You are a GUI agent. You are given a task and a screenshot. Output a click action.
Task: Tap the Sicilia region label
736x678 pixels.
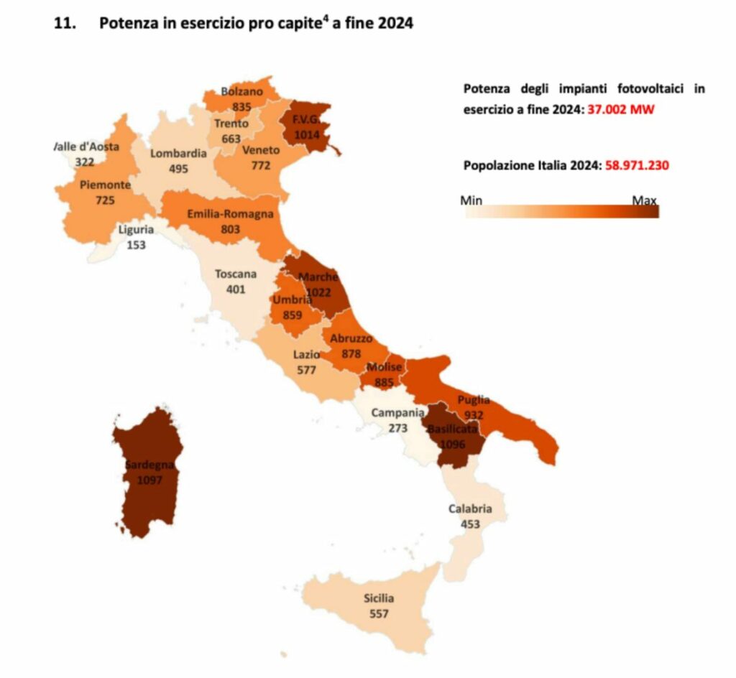click(x=378, y=598)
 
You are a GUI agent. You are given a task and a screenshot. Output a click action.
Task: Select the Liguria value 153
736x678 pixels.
click(x=136, y=245)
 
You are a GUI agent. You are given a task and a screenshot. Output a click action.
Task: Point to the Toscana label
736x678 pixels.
click(x=236, y=274)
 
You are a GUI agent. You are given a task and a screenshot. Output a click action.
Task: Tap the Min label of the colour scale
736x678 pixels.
click(x=471, y=200)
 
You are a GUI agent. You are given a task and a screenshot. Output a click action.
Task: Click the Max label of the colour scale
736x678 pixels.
click(x=644, y=200)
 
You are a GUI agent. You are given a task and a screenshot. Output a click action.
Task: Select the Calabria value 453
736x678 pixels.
click(x=470, y=524)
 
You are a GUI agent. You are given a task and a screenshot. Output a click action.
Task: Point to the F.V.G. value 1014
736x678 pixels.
click(x=303, y=133)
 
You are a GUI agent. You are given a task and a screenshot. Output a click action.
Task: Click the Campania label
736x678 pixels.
click(x=397, y=413)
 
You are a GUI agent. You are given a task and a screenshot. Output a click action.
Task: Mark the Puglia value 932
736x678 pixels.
click(x=474, y=415)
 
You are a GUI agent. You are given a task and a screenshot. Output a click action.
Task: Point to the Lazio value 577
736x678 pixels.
click(x=306, y=370)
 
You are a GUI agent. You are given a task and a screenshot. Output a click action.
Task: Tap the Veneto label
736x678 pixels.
click(x=261, y=150)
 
